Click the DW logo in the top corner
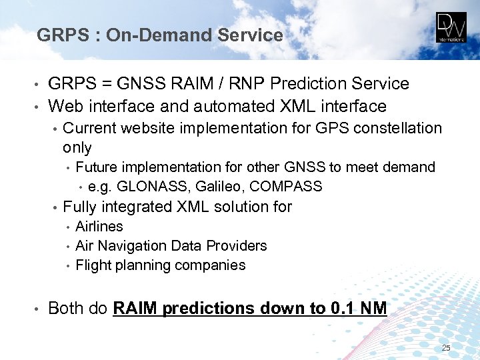tap(452, 27)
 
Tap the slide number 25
tap(446, 349)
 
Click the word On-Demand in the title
tap(153, 35)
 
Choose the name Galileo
tap(209, 187)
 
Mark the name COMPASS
tap(281, 187)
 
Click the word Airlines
tap(99, 227)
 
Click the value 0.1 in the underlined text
tap(341, 309)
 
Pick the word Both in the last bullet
tap(66, 309)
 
